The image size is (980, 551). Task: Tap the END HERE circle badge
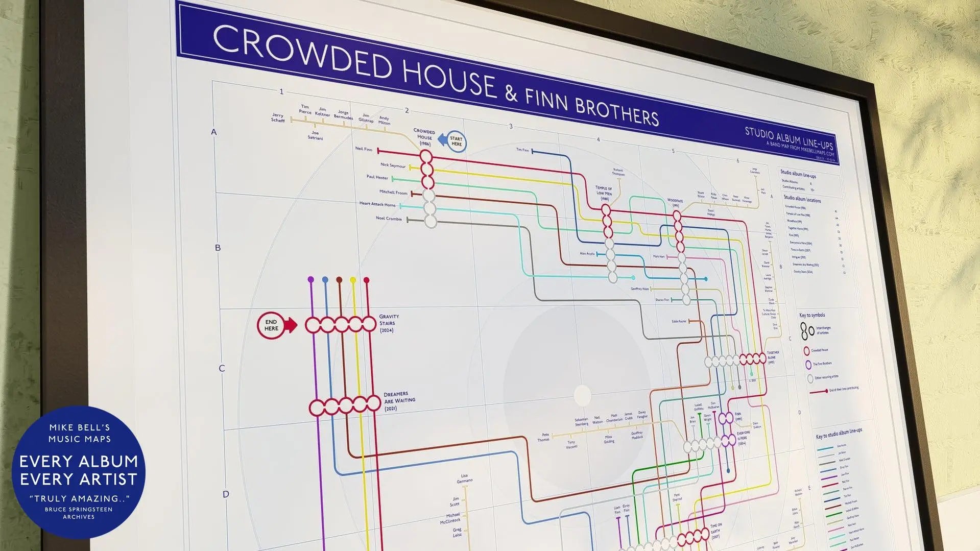click(x=272, y=325)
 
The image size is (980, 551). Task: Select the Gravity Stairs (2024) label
click(x=389, y=323)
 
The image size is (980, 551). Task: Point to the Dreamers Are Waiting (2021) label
click(x=399, y=401)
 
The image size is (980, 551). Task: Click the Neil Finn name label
click(x=364, y=149)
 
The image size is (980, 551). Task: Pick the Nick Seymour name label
click(x=393, y=165)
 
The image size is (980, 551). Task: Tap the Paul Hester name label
click(x=377, y=177)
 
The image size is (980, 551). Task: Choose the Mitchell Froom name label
click(x=393, y=193)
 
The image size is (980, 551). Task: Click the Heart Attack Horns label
click(x=377, y=204)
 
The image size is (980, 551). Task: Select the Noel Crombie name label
click(x=389, y=219)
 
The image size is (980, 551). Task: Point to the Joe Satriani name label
click(x=315, y=135)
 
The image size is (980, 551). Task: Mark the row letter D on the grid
click(x=226, y=494)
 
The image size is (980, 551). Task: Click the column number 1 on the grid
click(x=281, y=92)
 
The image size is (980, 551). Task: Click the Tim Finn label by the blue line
click(x=522, y=150)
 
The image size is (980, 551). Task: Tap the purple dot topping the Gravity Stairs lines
click(x=311, y=279)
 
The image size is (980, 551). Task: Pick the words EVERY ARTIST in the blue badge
click(x=79, y=480)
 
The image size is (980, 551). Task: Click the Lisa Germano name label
click(x=464, y=478)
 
